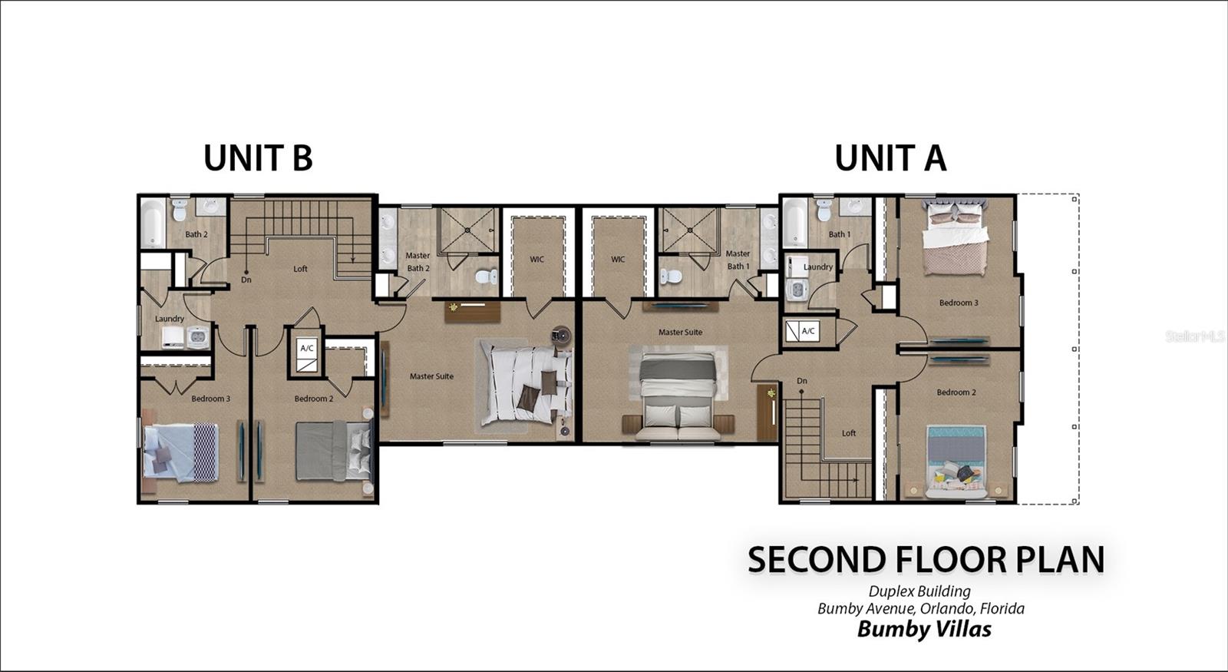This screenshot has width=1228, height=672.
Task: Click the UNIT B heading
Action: click(x=258, y=158)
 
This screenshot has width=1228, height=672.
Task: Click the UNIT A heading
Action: click(x=890, y=158)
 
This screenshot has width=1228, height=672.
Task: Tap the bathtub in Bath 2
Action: click(x=153, y=223)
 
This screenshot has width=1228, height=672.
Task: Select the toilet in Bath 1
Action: click(x=824, y=210)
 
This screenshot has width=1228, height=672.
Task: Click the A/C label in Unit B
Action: click(x=307, y=348)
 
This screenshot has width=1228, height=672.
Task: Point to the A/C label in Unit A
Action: click(x=808, y=331)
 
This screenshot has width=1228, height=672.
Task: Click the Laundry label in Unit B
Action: click(x=170, y=319)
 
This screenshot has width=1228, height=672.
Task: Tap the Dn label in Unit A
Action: click(x=802, y=381)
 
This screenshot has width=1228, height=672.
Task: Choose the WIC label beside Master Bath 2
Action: click(x=536, y=259)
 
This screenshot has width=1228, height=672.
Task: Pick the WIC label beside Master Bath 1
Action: click(x=618, y=259)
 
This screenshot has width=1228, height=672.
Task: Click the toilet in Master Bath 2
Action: click(x=486, y=276)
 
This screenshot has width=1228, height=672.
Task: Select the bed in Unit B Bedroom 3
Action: click(x=181, y=452)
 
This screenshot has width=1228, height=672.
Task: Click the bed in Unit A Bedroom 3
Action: click(x=956, y=237)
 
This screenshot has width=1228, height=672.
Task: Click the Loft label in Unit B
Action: click(x=300, y=269)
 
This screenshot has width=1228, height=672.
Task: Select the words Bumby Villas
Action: click(x=924, y=629)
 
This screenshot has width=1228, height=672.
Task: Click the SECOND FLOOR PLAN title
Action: click(x=926, y=560)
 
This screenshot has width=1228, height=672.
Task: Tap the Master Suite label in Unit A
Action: click(x=680, y=332)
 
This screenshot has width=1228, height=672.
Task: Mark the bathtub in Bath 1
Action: click(x=795, y=223)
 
